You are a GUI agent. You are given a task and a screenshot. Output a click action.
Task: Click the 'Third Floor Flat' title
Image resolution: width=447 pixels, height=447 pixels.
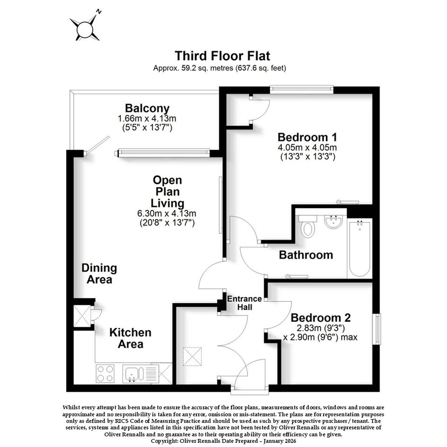(222, 56)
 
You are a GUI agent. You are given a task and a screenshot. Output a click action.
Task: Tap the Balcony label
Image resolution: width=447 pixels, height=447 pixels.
(147, 108)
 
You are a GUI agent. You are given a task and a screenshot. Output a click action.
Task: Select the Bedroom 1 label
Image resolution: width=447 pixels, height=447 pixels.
(307, 137)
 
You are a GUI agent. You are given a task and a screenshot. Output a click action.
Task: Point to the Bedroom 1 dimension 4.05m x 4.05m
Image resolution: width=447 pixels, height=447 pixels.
(307, 148)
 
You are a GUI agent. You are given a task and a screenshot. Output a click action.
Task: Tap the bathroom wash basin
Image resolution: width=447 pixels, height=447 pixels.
(333, 222)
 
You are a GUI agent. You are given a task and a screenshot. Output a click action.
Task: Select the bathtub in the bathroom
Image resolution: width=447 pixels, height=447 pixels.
(360, 248)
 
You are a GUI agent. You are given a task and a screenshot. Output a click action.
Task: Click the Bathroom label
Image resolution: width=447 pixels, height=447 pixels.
(306, 255)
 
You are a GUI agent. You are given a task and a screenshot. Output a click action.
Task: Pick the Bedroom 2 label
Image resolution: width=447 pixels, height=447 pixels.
(321, 317)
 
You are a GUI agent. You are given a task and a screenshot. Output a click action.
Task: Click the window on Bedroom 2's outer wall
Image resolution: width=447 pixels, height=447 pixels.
(377, 329)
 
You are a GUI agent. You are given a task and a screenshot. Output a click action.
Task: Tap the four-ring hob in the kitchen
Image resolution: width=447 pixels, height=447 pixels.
(105, 374)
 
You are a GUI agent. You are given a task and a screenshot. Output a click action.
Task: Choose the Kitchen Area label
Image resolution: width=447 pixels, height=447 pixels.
(130, 338)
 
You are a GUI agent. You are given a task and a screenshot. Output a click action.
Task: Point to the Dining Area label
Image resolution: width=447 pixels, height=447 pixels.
(99, 274)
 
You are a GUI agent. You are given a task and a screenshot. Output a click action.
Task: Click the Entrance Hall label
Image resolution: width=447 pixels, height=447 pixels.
(245, 303)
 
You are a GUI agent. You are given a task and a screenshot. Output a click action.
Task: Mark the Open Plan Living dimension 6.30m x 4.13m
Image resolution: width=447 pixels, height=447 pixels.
(167, 213)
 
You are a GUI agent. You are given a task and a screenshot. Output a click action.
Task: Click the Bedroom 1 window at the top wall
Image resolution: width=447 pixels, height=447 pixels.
(302, 89)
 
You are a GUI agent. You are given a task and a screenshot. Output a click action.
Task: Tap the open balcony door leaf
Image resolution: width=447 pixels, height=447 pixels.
(98, 146)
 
